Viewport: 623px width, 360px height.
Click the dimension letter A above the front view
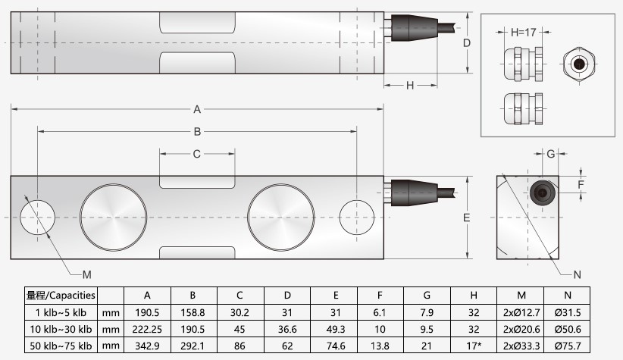(x=197, y=108)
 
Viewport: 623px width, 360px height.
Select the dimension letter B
(x=197, y=131)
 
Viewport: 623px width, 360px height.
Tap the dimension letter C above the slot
(x=197, y=154)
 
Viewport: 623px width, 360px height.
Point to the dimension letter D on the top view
(x=468, y=42)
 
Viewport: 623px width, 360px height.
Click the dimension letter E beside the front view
(x=468, y=218)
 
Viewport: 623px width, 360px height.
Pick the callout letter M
(x=86, y=273)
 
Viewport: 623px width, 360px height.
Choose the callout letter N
(x=576, y=274)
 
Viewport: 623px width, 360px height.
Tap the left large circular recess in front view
(x=114, y=218)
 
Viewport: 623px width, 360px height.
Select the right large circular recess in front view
(x=280, y=218)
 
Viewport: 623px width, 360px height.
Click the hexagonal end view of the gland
(x=580, y=64)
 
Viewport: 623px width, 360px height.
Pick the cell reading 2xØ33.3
(x=520, y=346)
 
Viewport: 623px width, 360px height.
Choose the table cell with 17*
(x=473, y=346)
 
